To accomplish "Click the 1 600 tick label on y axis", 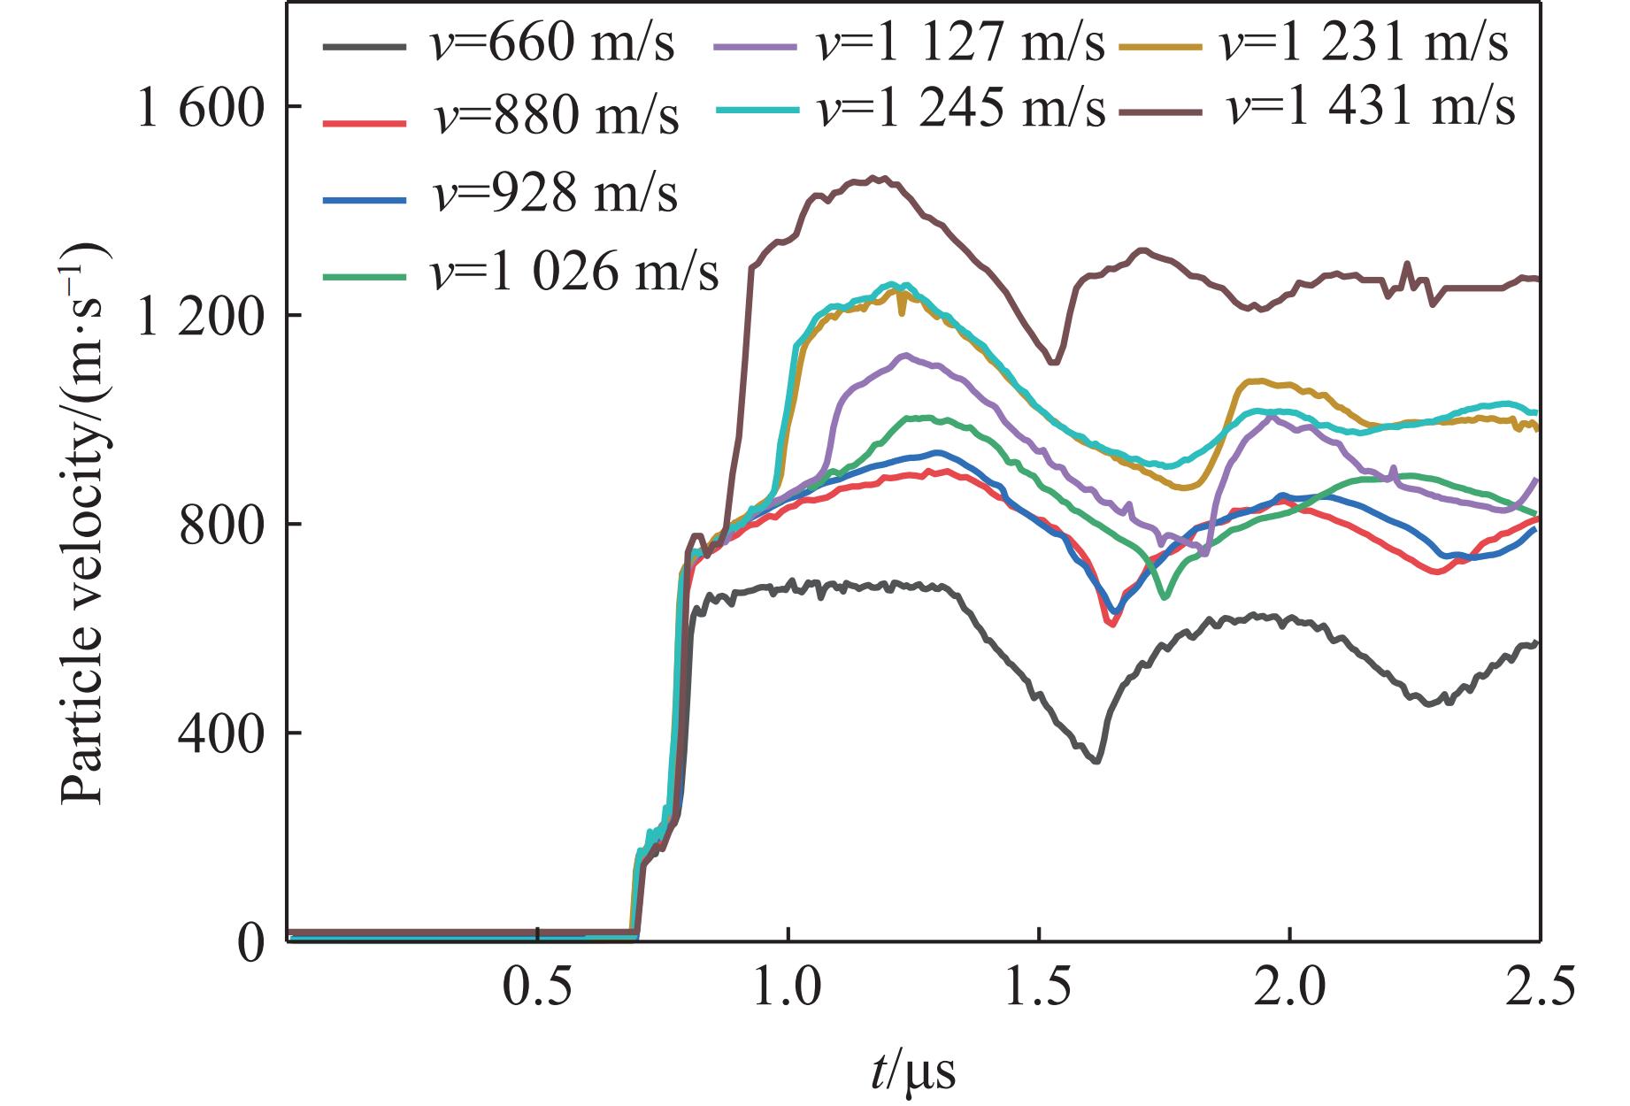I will tap(199, 108).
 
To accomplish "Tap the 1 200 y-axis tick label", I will tap(199, 316).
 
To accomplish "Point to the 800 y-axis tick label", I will tap(221, 526).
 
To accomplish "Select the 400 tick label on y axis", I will tap(221, 733).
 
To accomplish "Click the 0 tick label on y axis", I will tap(252, 944).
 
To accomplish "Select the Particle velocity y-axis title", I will tap(84, 522).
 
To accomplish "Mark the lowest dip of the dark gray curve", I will tap(1097, 761).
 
